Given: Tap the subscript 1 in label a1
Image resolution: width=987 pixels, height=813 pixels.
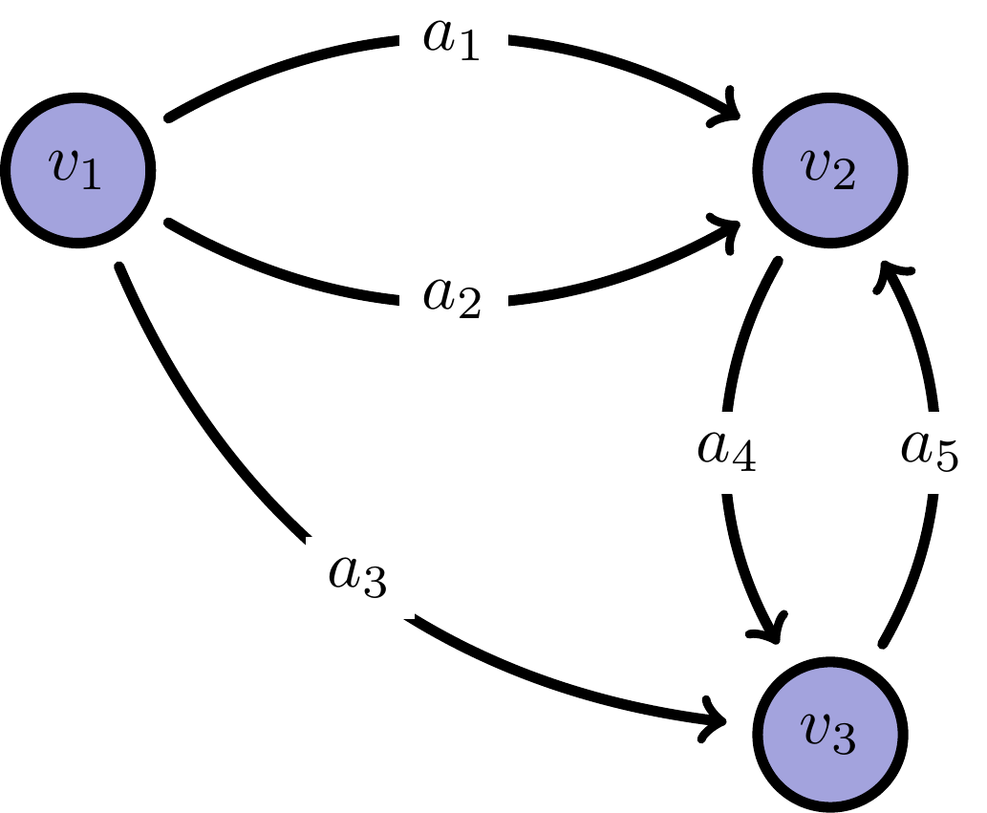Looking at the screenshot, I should tap(468, 50).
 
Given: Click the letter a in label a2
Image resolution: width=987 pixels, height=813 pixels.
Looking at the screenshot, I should tap(439, 295).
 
